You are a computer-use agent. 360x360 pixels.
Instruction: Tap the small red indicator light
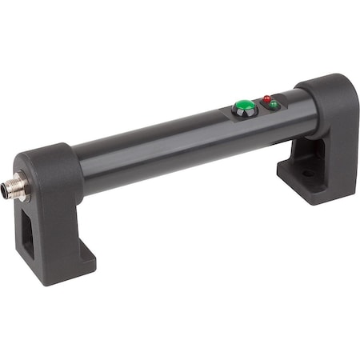[x=266, y=99]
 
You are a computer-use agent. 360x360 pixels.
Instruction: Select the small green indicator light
[x=274, y=105]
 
